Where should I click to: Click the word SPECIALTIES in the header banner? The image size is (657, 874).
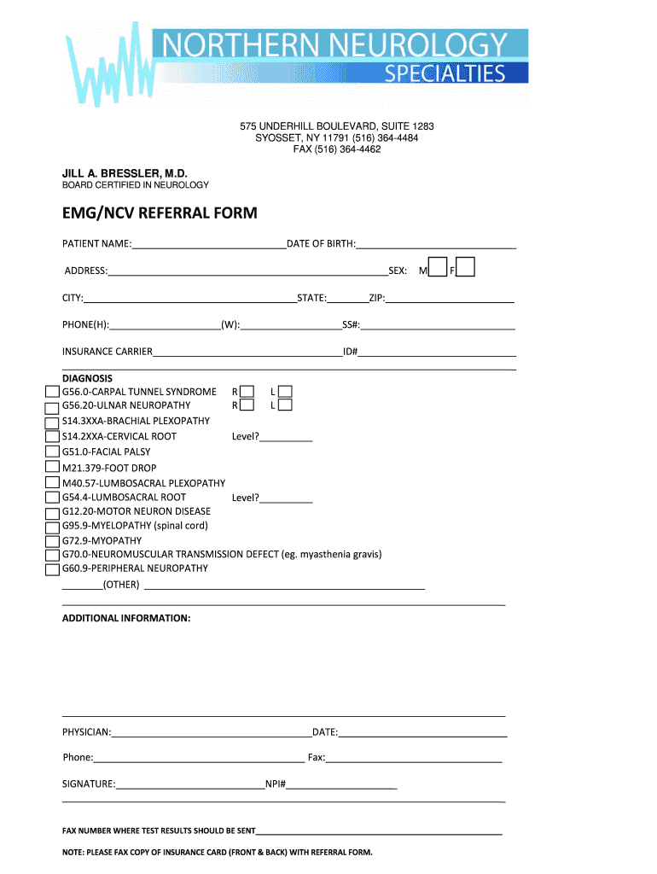(x=444, y=74)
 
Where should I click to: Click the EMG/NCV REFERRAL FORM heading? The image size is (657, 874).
(x=159, y=213)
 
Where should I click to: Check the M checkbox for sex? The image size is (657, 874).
(x=437, y=268)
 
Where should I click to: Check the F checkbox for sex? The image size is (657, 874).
(x=466, y=268)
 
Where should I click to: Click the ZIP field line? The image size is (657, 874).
(x=450, y=299)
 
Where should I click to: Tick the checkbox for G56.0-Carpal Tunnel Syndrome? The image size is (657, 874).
(x=52, y=392)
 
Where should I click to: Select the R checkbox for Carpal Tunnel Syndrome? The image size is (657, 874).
(x=247, y=392)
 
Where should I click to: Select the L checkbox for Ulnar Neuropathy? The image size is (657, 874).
(x=285, y=405)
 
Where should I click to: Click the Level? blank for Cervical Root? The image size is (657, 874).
(x=287, y=437)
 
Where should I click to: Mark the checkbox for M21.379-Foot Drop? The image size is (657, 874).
(x=52, y=468)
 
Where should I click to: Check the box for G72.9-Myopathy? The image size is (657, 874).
(x=52, y=541)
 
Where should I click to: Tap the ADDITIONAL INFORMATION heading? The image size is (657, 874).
(x=126, y=617)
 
